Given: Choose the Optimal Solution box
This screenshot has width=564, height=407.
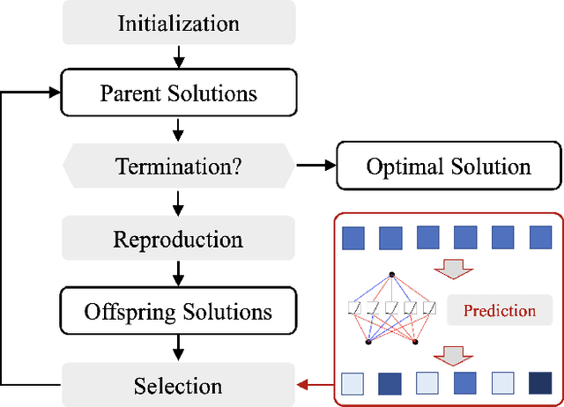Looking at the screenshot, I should (448, 166).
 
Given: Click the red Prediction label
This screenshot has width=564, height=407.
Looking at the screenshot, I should (499, 311).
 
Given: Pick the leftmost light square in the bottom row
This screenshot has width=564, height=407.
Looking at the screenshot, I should (352, 383).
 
